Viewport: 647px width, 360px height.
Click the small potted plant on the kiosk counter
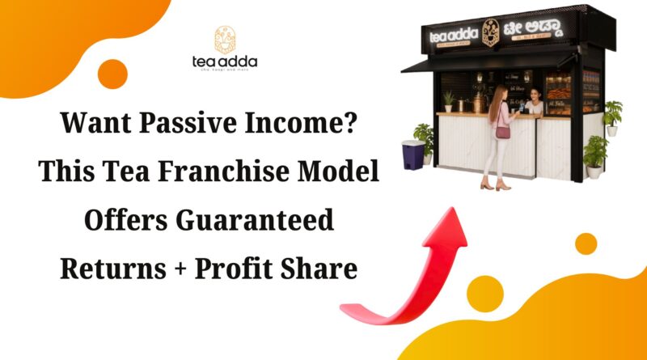(448, 101)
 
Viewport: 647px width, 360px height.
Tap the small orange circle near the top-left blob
(112, 74)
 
